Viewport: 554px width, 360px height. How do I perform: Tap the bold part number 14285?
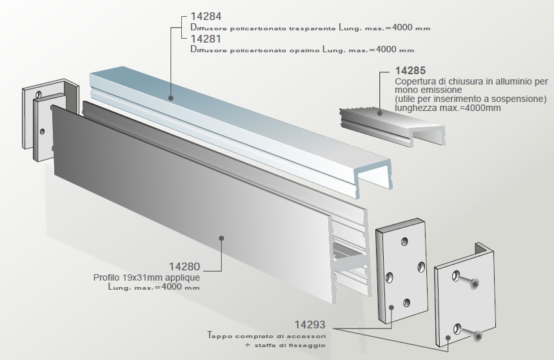coord(411,70)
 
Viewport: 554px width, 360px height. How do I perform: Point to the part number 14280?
coord(184,266)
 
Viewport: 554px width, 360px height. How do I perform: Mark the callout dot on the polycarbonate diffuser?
coord(171,98)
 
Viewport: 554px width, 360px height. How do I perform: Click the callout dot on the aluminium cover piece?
coord(379,114)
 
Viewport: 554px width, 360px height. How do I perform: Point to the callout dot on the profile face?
coord(221,238)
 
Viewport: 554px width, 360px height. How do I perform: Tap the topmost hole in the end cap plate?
coord(404,241)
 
